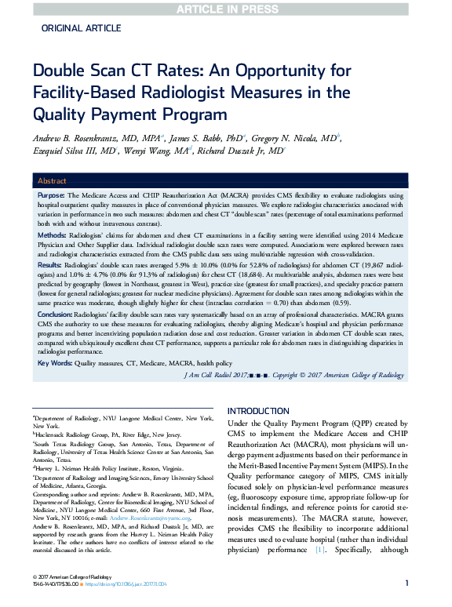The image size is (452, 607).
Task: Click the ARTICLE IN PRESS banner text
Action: tap(226, 9)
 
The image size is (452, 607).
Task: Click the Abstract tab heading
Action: tap(53, 180)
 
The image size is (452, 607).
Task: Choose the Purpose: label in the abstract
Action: tap(51, 194)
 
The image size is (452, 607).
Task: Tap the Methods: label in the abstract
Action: tap(52, 234)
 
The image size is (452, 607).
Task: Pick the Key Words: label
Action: tap(54, 364)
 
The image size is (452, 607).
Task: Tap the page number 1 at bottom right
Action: tap(406, 583)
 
